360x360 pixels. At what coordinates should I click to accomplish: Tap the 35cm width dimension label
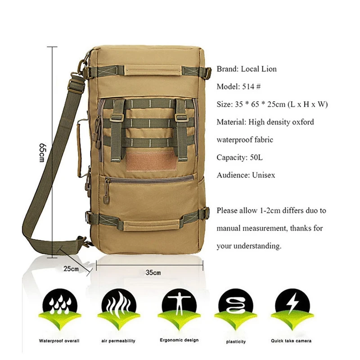(153, 272)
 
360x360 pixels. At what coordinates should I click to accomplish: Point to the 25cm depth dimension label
(71, 269)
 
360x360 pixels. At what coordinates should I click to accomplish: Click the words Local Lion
(259, 69)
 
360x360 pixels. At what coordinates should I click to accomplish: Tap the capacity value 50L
(256, 157)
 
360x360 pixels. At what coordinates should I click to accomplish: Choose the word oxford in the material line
(301, 122)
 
